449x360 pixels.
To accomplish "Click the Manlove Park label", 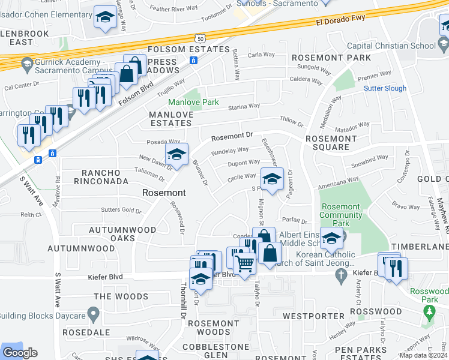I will coord(193,103).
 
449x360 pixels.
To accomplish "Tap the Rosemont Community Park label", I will coord(340,215).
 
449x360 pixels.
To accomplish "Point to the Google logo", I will coord(20,353).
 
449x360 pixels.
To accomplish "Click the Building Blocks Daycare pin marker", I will coord(92,313).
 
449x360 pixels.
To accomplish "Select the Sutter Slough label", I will coord(385,88).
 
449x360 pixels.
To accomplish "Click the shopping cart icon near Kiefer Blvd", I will coord(244,264).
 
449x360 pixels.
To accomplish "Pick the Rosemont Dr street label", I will coord(232,137).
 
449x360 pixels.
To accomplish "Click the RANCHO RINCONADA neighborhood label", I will coord(105,177).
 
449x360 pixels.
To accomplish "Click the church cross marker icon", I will coord(342,275).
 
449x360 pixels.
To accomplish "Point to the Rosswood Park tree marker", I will coord(429,312).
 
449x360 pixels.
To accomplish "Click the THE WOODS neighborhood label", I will coord(121,296).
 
